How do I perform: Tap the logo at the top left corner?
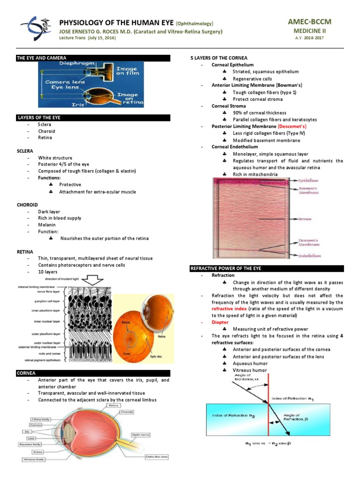[35, 29]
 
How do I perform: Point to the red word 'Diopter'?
[220, 322]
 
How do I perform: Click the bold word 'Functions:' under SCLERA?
[50, 178]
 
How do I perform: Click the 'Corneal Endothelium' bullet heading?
[234, 147]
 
